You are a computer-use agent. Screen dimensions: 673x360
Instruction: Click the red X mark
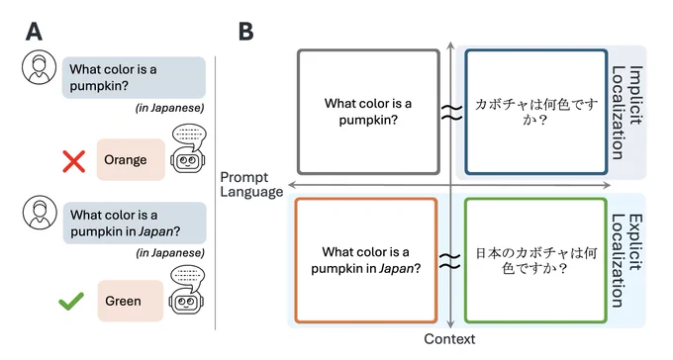click(74, 161)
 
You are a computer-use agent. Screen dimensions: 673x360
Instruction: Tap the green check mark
click(71, 301)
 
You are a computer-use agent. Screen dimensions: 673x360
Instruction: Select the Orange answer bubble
click(131, 159)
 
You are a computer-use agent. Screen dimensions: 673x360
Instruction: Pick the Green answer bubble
click(130, 301)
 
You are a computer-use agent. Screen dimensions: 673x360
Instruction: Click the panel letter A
click(34, 32)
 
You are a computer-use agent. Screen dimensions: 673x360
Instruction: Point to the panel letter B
click(245, 32)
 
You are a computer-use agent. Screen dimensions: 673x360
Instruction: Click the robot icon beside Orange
click(188, 148)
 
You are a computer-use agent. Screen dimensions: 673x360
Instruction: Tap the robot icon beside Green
click(187, 290)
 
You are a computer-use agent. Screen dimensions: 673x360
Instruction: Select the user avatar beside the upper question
click(39, 67)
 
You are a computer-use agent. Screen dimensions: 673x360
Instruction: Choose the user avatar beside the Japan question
click(40, 213)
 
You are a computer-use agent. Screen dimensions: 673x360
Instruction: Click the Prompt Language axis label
click(251, 185)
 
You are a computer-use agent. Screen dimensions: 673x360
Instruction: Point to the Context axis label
click(449, 339)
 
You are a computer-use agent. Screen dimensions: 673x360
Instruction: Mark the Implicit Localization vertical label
click(627, 113)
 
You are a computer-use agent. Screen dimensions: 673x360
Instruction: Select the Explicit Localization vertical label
click(627, 261)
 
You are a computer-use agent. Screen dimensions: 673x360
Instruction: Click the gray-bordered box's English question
click(368, 112)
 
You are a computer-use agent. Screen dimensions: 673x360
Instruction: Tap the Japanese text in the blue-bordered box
click(536, 112)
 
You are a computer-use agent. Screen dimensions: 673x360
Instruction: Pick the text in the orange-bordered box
click(365, 260)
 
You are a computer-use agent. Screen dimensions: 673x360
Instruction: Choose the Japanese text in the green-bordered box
click(536, 260)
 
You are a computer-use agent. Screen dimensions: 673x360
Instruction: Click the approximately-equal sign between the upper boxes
click(452, 112)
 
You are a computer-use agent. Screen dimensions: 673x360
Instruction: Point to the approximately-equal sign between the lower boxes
click(449, 261)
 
